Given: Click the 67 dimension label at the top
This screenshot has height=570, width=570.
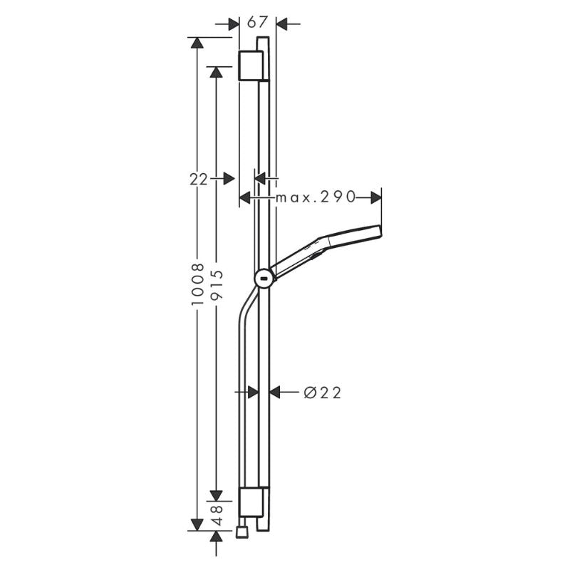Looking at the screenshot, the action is pos(257,23).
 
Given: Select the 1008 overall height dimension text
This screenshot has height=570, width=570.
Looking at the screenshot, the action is pos(198,284).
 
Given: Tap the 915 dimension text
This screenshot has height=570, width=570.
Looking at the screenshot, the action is pos(217,284).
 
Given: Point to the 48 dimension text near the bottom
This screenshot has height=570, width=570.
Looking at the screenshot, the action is pos(217,514).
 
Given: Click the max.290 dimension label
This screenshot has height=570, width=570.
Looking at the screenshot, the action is pos(315,197).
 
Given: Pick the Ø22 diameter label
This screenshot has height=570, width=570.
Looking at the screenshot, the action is pos(323,393).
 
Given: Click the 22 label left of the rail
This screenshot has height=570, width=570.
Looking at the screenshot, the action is pos(199,180).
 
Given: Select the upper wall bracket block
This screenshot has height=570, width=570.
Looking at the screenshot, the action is pos(251,66).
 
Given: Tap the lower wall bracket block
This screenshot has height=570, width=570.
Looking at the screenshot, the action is pos(251,502).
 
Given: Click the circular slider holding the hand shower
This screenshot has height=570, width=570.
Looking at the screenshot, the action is pos(264,279).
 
